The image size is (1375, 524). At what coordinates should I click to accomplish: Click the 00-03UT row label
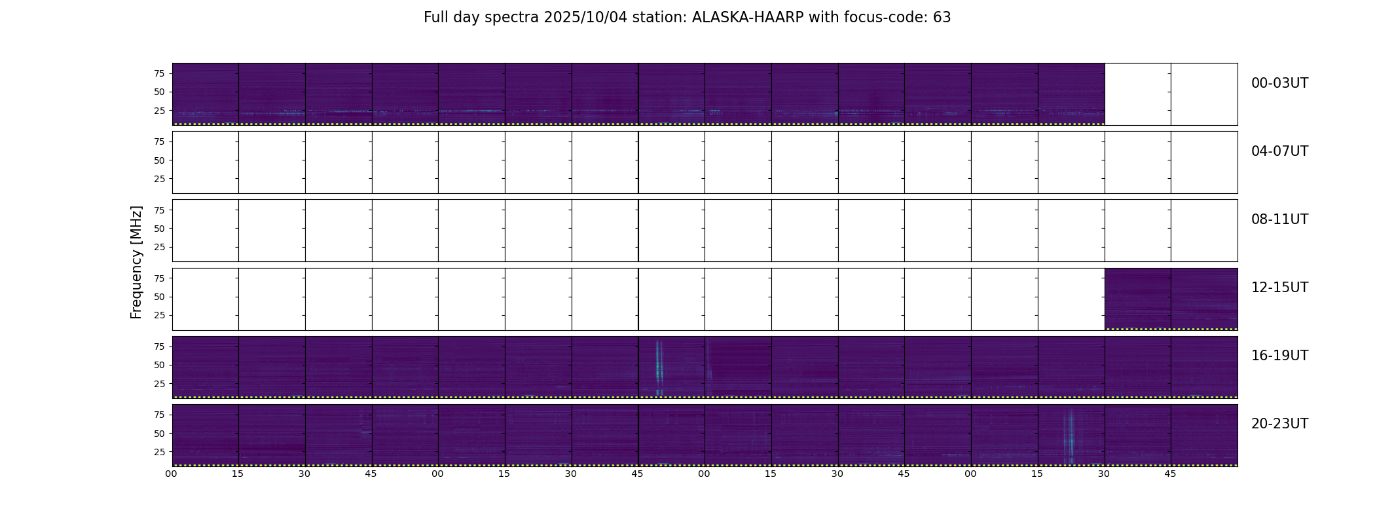coord(1279,83)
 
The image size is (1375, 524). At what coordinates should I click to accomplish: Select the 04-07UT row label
coord(1279,151)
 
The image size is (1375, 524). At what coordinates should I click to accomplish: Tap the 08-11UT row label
coord(1279,219)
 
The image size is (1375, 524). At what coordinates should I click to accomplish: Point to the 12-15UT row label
coord(1279,288)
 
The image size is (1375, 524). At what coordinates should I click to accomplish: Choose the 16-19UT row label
coord(1279,356)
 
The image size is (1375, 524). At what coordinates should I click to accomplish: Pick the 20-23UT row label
coord(1279,424)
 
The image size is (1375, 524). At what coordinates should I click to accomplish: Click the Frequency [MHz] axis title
coord(136,262)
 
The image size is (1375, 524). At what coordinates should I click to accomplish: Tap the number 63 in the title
coord(942,18)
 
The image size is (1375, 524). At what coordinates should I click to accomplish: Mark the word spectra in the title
coord(513,18)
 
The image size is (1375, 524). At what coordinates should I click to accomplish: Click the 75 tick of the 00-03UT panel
coord(159,73)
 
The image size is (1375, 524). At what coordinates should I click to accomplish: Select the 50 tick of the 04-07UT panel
coord(159,160)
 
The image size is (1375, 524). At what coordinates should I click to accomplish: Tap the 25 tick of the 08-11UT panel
coord(159,247)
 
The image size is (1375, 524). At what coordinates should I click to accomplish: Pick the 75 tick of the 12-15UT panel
coord(159,278)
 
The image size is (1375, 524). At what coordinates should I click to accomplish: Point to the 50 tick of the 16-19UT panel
coord(159,365)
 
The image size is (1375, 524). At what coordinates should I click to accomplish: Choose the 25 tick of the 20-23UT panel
coord(159,452)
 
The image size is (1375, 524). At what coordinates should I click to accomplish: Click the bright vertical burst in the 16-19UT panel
coord(659,367)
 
